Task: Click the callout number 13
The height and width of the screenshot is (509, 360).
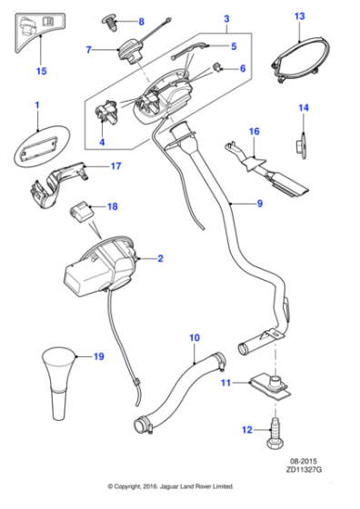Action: [301, 16]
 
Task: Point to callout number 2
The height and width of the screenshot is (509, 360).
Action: [160, 259]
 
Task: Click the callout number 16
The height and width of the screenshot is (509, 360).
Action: [255, 133]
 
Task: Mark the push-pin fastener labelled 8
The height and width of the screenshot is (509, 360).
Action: [113, 20]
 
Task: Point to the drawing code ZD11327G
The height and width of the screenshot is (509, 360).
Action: [305, 474]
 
